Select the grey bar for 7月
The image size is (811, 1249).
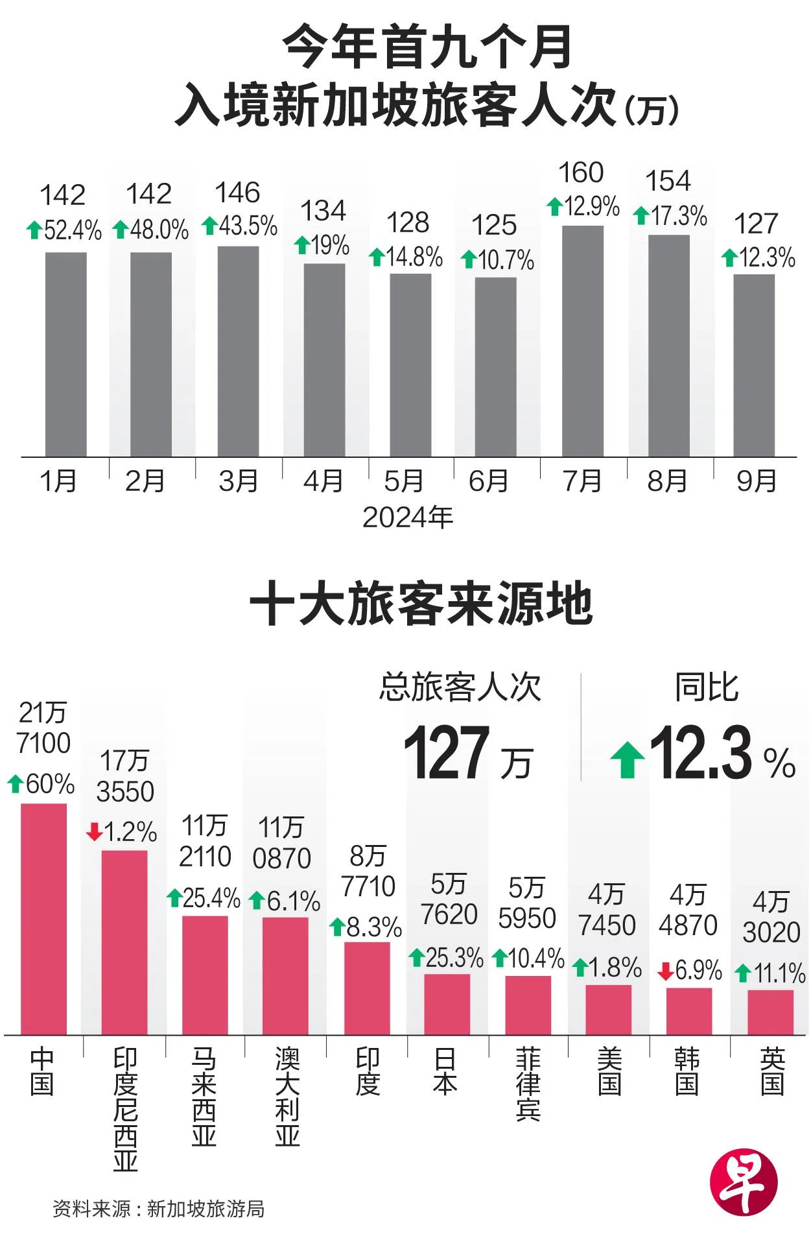[582, 341]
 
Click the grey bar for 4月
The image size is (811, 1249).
[324, 360]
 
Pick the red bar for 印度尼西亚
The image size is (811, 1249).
[124, 942]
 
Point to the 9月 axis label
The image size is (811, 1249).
[756, 481]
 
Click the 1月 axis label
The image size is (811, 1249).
[58, 481]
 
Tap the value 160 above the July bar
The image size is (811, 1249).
[581, 173]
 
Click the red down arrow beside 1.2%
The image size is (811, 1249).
[95, 832]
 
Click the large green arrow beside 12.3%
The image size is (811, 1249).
[627, 759]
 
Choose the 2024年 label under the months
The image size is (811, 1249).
[407, 517]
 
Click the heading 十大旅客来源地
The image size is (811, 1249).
[421, 604]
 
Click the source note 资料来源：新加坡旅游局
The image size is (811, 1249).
[159, 1209]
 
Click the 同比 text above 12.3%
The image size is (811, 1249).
[707, 687]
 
